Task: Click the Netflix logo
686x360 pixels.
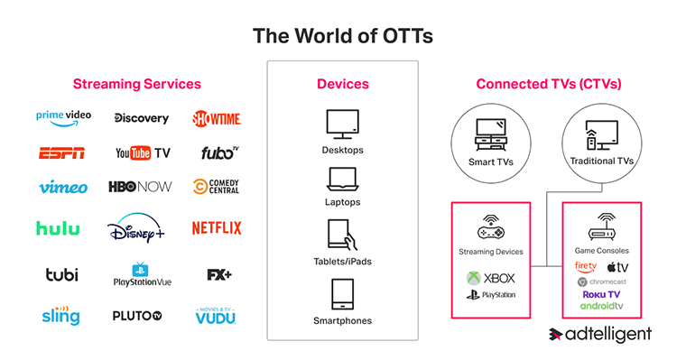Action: pyautogui.click(x=216, y=228)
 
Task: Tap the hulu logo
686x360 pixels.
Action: pyautogui.click(x=58, y=228)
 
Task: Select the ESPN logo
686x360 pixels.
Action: pyautogui.click(x=62, y=153)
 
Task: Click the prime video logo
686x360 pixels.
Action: pyautogui.click(x=63, y=116)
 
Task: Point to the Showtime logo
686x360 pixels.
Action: pyautogui.click(x=217, y=118)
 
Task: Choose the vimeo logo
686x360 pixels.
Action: pyautogui.click(x=63, y=188)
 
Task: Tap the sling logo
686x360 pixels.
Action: pyautogui.click(x=60, y=316)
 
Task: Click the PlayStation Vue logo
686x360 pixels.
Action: pyautogui.click(x=140, y=274)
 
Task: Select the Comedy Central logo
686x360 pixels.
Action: pyautogui.click(x=217, y=188)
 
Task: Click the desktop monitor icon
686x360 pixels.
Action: pyautogui.click(x=342, y=123)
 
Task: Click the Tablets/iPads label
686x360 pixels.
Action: pyautogui.click(x=342, y=262)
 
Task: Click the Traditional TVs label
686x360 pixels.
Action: pyautogui.click(x=601, y=161)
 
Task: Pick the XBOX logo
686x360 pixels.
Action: pyautogui.click(x=490, y=278)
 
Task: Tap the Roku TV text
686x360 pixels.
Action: pyautogui.click(x=601, y=294)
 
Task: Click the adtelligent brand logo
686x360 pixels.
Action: pyautogui.click(x=600, y=335)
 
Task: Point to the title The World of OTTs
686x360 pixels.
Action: pyautogui.click(x=342, y=36)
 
